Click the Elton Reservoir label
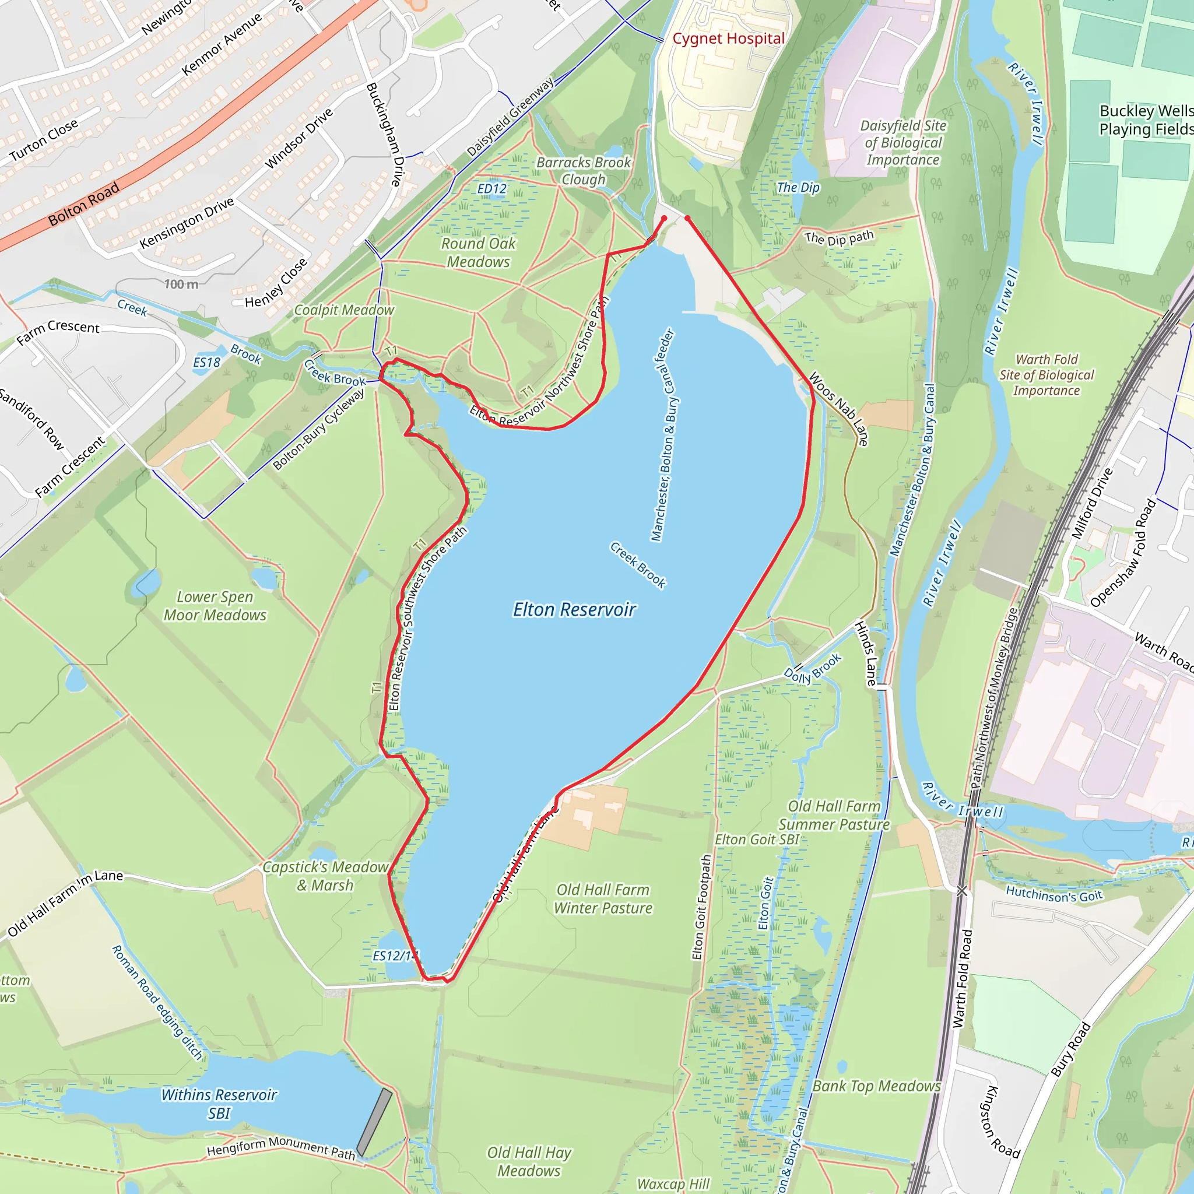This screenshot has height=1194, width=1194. coord(574,610)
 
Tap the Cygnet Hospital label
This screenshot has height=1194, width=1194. coord(728,39)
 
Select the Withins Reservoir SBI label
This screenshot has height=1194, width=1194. coord(219,1104)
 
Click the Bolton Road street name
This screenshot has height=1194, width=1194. coord(83,205)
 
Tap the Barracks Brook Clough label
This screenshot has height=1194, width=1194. coord(584,171)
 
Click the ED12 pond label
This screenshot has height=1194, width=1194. coord(492,189)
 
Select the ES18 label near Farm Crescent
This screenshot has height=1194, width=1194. coord(206,363)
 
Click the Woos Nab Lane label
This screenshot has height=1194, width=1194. coord(838,409)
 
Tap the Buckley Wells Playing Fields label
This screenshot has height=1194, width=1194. coord(1145,120)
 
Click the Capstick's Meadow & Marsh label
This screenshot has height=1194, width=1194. coord(325,876)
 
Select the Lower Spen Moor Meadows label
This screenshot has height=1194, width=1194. coord(215,606)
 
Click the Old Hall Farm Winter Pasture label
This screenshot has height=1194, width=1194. coord(603,898)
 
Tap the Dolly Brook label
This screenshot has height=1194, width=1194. coord(812,669)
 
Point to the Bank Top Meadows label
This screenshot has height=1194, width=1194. coord(876,1086)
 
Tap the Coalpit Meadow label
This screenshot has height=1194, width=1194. coord(343,310)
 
